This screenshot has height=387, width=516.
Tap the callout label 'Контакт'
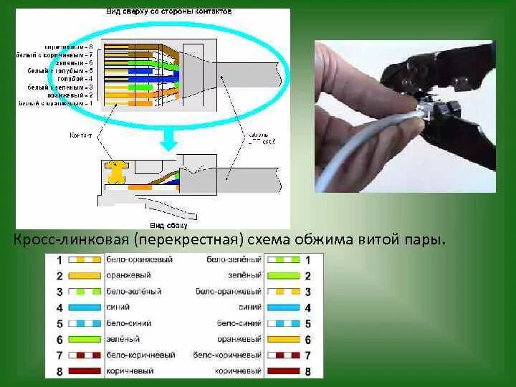80,134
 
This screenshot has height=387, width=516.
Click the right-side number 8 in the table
307,371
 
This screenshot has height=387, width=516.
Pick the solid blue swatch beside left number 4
85,308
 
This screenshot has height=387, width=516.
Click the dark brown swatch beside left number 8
85,371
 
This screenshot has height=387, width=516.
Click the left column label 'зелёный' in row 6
123,340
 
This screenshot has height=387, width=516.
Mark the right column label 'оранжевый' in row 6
241,340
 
